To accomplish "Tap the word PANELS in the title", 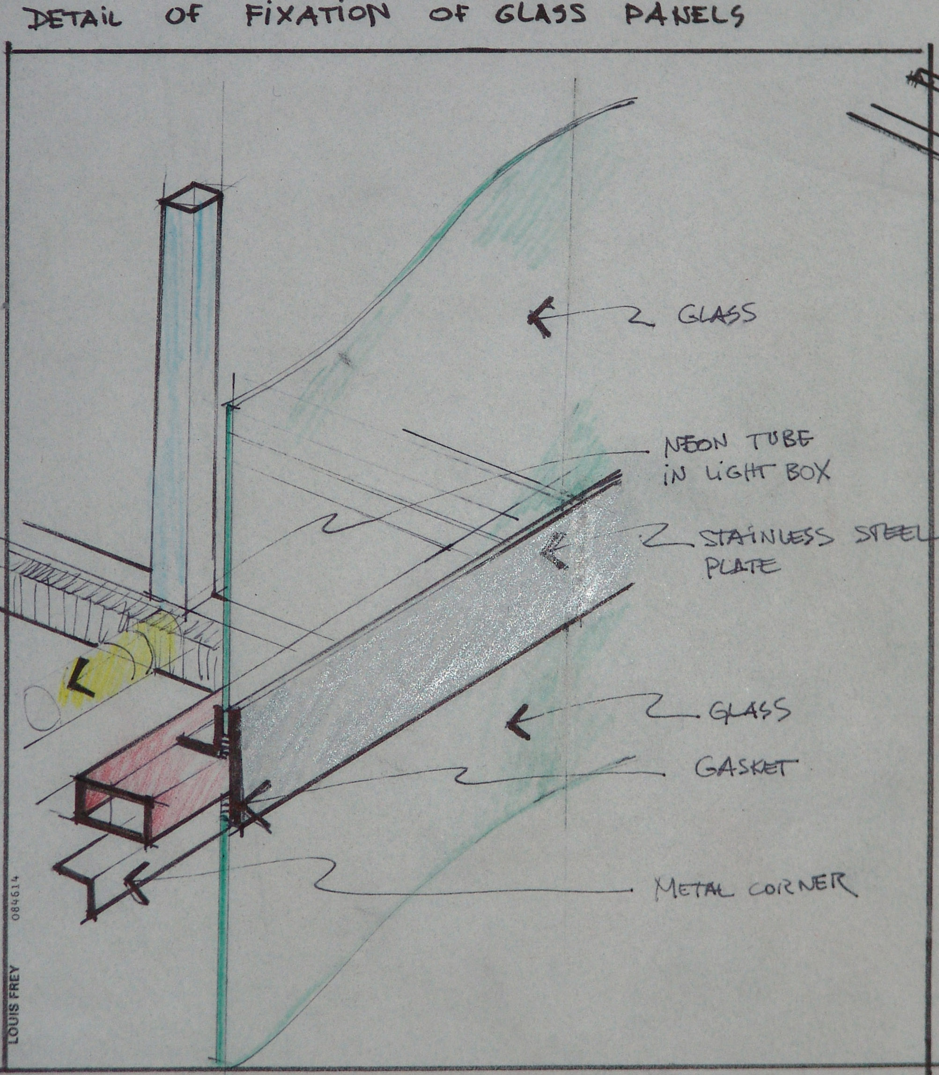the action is point(683,16).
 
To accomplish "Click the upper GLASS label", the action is point(717,314).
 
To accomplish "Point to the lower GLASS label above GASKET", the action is point(749,710).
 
